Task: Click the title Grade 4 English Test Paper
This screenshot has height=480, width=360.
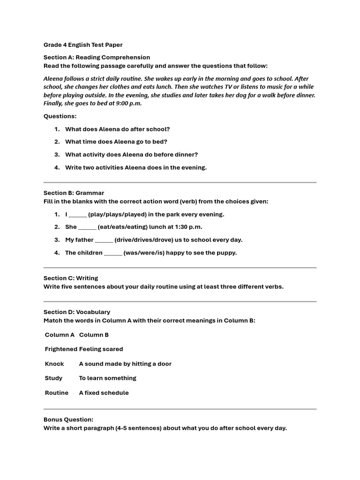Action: point(83,45)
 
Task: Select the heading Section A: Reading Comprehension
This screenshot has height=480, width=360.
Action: point(97,57)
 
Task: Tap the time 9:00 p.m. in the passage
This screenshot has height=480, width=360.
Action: point(127,104)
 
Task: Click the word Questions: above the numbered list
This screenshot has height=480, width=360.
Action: point(60,116)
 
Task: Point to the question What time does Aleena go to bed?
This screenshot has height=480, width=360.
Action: point(116,142)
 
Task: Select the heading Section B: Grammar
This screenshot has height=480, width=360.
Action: point(74,193)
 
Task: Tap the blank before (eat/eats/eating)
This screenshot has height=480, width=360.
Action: point(87,228)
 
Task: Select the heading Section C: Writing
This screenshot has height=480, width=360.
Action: point(71,278)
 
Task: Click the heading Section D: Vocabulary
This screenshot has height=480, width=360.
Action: point(77,312)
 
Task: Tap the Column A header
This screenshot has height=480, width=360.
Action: point(60,335)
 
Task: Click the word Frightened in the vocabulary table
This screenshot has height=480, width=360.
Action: point(61,349)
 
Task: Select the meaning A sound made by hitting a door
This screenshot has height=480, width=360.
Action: point(125,364)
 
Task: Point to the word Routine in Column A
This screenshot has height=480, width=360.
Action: point(57,393)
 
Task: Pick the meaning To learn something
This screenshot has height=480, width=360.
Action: point(107,378)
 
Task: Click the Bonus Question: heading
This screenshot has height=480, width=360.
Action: point(68,420)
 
